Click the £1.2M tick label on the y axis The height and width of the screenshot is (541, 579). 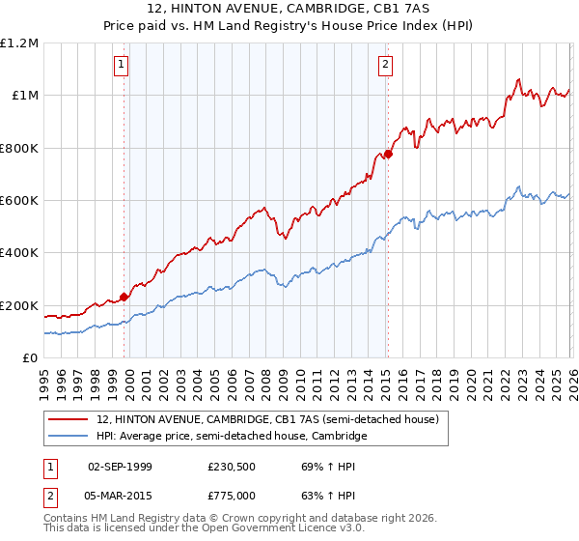click(19, 43)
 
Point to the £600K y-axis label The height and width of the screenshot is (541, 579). click(19, 201)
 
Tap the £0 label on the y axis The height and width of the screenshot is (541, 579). click(31, 358)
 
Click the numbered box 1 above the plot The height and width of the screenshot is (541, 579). click(122, 65)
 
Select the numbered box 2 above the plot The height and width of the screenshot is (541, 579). click(385, 65)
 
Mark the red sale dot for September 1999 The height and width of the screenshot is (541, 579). click(124, 298)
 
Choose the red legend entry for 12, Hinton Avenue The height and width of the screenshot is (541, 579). click(268, 419)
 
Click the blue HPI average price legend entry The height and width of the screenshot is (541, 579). click(232, 437)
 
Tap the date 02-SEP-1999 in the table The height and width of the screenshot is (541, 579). click(120, 466)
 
